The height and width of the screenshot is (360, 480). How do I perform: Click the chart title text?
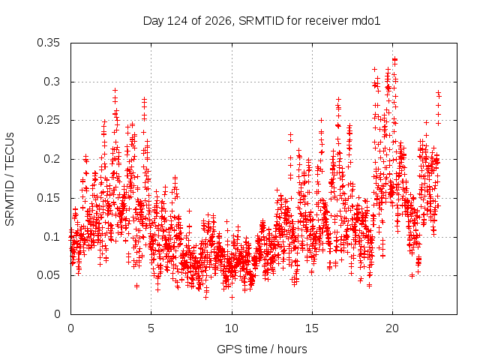point(262,21)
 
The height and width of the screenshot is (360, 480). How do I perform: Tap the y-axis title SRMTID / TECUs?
point(10,179)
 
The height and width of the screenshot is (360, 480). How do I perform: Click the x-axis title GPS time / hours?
point(262,349)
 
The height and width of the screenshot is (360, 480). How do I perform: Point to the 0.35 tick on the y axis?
point(48,43)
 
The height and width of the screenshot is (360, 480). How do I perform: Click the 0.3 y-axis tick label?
point(52,82)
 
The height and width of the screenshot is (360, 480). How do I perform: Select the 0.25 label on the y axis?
point(48,120)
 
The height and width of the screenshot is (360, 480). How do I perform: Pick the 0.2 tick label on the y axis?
point(52,159)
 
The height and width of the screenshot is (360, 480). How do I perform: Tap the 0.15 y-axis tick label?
point(48,198)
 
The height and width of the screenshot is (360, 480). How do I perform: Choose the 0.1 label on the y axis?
point(52,237)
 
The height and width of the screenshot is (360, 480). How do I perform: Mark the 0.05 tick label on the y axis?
point(48,275)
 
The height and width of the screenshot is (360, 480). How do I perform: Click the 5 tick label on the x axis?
point(151,328)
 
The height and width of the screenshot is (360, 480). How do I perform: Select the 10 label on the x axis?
point(232,328)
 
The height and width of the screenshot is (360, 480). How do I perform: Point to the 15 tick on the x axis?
point(312,328)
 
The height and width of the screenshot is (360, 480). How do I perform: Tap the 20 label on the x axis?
point(392,328)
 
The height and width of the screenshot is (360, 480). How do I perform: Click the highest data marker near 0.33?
point(395,59)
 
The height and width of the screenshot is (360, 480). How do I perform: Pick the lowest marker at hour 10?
point(232,297)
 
